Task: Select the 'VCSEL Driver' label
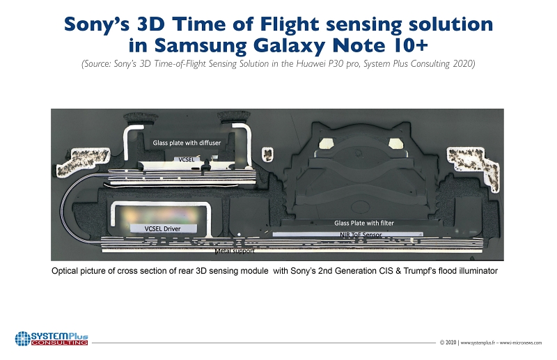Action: click(x=161, y=228)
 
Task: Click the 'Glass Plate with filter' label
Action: click(x=363, y=223)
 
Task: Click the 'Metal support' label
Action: click(x=235, y=249)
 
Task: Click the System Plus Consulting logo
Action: click(x=52, y=339)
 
